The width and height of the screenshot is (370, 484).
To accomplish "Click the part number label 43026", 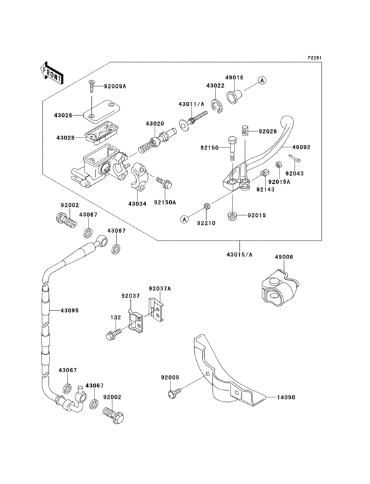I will click(x=65, y=116).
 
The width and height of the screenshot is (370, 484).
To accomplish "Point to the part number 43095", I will click(x=71, y=309).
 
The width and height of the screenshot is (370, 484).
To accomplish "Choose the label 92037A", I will click(x=159, y=288).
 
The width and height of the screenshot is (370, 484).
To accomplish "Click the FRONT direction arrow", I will click(x=52, y=71).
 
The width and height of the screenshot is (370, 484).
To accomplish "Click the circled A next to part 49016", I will click(x=262, y=80).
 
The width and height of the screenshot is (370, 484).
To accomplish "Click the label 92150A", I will click(x=165, y=203).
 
